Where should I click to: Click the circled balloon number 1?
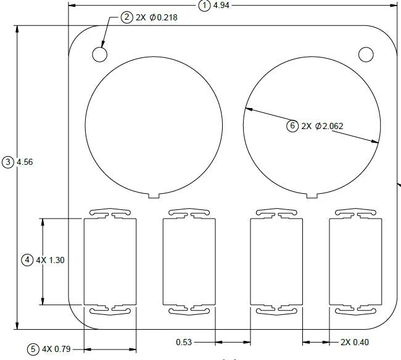point(204,6)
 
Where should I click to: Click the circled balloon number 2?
point(126,17)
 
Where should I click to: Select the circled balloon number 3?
point(8,162)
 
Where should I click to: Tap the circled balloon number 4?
point(27,260)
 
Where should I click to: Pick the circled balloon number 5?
point(33,350)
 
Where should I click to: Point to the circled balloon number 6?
point(292,126)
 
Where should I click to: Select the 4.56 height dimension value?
point(25,162)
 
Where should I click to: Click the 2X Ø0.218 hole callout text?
point(157,17)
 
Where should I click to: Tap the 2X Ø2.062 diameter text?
point(322,126)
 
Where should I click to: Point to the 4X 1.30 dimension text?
point(51,260)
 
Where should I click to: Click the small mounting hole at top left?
point(100,54)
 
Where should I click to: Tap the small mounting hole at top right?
point(366,54)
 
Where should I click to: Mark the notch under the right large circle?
point(312,195)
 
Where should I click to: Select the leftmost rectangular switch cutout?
point(109,261)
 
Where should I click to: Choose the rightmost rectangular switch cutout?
point(355,261)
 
